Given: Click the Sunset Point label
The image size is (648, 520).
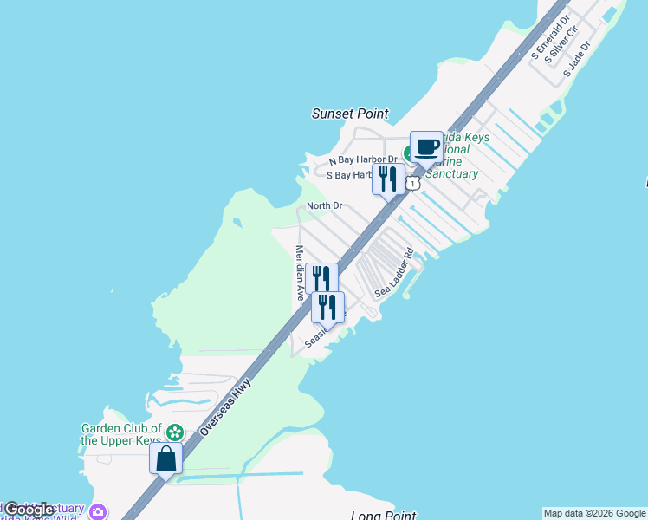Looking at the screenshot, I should pos(350,114).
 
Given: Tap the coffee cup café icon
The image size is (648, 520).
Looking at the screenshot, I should pos(425,147).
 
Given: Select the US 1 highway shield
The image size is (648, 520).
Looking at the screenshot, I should pos(414,183).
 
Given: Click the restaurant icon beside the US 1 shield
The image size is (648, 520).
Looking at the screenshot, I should pos(388,180).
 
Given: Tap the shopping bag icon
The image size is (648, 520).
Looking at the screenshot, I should pos(165,458).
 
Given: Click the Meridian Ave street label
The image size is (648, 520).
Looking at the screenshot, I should pos(299,272).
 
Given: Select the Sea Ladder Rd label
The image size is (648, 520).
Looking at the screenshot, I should pos(395,274).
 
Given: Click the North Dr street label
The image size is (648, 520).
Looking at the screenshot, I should pos(325,205).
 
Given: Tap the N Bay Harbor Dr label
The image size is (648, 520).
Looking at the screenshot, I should pos(363,160).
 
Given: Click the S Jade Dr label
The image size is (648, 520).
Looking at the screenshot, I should pos(576,58).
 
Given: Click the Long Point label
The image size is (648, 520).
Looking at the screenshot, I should pos(384,516).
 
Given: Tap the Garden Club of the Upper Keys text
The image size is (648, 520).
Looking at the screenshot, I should pos(121,433).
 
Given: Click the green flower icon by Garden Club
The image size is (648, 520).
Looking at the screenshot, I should pos(175,432).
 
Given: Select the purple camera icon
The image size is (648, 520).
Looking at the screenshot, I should pos(98,511).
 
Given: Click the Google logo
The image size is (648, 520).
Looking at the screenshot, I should pos(29,510).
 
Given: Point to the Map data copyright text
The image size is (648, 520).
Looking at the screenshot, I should pos(594,513).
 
